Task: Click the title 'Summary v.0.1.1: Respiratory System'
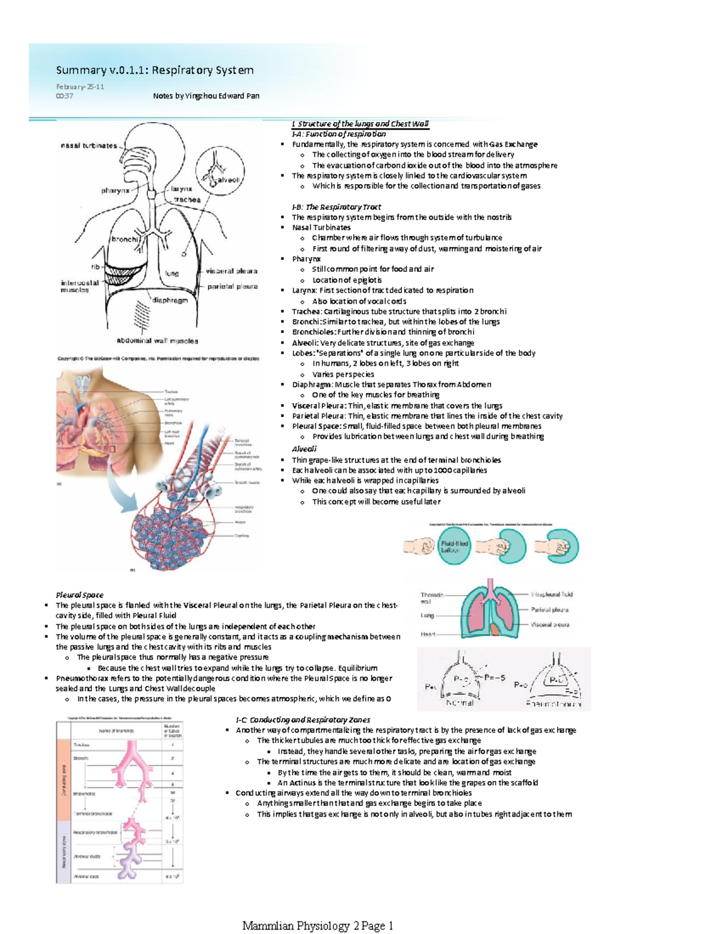155,70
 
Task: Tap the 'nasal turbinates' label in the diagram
88,146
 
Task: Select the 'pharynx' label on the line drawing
115,191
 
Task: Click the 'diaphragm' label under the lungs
170,300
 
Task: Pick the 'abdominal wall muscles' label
157,341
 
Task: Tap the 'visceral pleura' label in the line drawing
232,271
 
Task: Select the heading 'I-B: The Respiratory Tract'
336,207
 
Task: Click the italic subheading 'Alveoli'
304,449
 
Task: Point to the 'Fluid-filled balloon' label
454,546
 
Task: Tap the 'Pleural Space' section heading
79,595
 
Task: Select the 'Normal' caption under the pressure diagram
460,702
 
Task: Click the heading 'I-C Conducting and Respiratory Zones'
303,719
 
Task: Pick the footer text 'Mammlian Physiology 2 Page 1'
317,926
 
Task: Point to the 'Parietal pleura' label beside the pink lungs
549,609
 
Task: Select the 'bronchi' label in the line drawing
125,239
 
